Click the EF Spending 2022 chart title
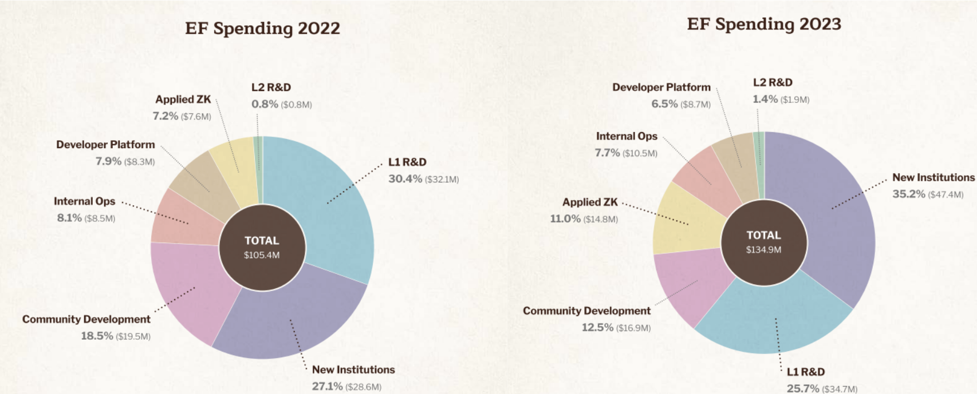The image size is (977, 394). tap(262, 29)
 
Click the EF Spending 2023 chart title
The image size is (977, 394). tap(764, 24)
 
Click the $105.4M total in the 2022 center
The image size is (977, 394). tap(262, 255)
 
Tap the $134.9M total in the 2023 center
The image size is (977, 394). tap(763, 250)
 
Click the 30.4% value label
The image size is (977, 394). tap(405, 179)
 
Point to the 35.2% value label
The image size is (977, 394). tap(909, 194)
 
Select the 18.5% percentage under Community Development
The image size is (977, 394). tap(97, 336)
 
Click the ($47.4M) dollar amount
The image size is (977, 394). tap(946, 194)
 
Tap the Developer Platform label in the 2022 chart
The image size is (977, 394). tap(105, 145)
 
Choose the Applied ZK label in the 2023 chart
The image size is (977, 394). tap(590, 202)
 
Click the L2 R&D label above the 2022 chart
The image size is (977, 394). tap(271, 87)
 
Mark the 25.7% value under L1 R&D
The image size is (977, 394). tap(803, 389)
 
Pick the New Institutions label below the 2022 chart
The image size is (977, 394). tap(353, 369)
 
